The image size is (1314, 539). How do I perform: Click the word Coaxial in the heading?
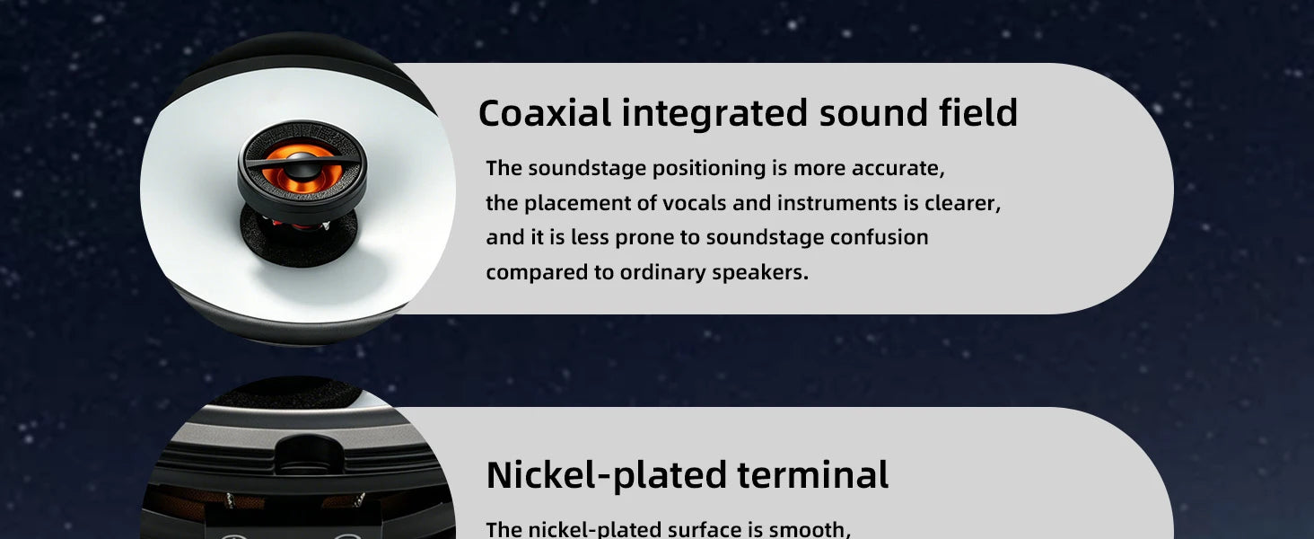(x=545, y=113)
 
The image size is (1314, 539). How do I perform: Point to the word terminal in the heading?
(x=813, y=474)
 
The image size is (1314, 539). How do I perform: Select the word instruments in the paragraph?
(x=837, y=203)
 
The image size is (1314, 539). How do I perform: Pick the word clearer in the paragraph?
(x=963, y=203)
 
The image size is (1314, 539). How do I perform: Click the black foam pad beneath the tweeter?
(x=299, y=234)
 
